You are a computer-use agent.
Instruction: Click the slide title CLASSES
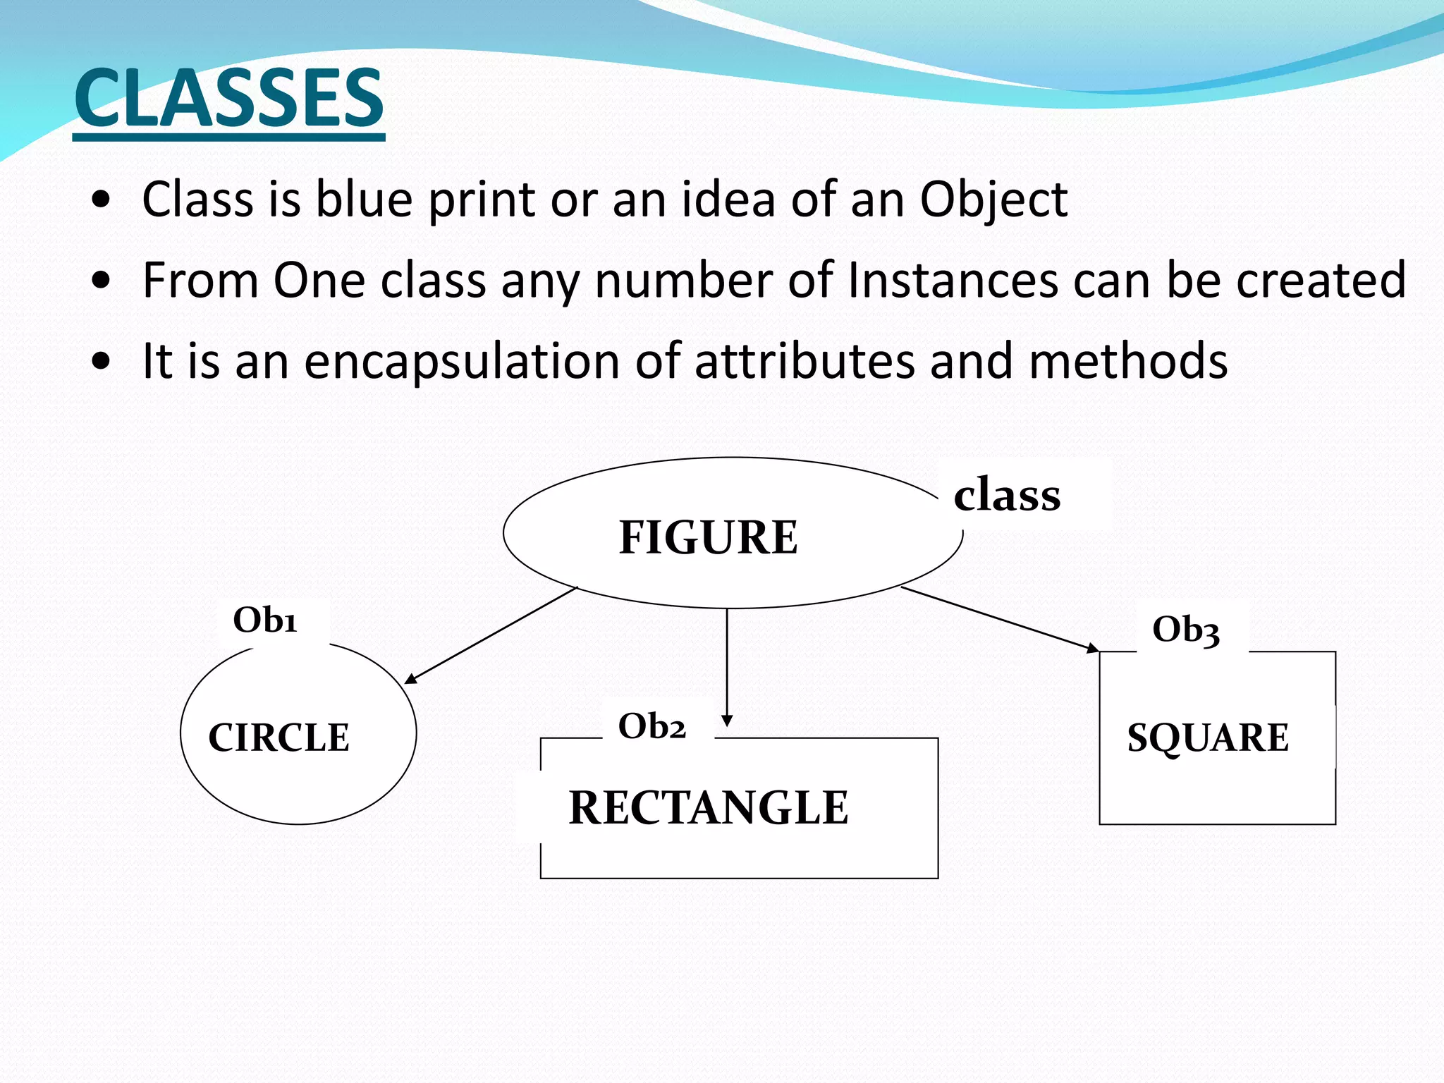(229, 98)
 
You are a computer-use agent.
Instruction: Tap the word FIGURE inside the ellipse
(708, 537)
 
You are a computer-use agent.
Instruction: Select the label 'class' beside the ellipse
(1007, 494)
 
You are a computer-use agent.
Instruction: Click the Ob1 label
(265, 620)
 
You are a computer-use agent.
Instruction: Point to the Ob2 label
(651, 726)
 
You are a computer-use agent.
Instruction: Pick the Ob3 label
(1186, 630)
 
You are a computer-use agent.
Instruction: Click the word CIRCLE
(279, 738)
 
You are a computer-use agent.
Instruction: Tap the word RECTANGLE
(708, 807)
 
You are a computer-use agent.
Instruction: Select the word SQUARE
(1208, 738)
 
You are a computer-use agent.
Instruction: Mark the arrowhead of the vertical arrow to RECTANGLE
(727, 721)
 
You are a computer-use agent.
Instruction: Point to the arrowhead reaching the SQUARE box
(1092, 648)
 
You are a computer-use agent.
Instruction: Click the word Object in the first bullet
(993, 200)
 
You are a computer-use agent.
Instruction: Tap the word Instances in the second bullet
(953, 281)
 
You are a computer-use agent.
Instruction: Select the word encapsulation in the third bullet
(462, 362)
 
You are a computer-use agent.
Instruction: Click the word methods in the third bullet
(1127, 362)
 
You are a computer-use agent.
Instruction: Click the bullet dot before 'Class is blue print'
(102, 200)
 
